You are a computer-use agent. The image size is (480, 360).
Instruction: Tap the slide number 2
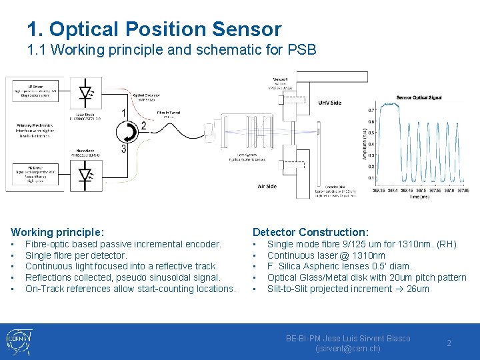coord(449,343)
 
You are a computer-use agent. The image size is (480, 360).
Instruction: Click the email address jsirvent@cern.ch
coord(347,348)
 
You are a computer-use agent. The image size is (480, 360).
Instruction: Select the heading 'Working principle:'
coord(57,232)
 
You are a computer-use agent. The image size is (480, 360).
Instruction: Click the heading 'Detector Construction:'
coord(310,232)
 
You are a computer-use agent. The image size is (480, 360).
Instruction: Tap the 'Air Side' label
coord(267,186)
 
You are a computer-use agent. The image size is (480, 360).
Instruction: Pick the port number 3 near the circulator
coord(124,149)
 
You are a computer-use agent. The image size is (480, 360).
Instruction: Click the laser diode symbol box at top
coord(85,93)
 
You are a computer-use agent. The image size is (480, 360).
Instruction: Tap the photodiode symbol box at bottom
coord(85,175)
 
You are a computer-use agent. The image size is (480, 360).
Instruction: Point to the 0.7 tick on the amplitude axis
coord(371,111)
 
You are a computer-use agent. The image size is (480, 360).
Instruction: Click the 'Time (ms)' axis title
coord(419,197)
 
